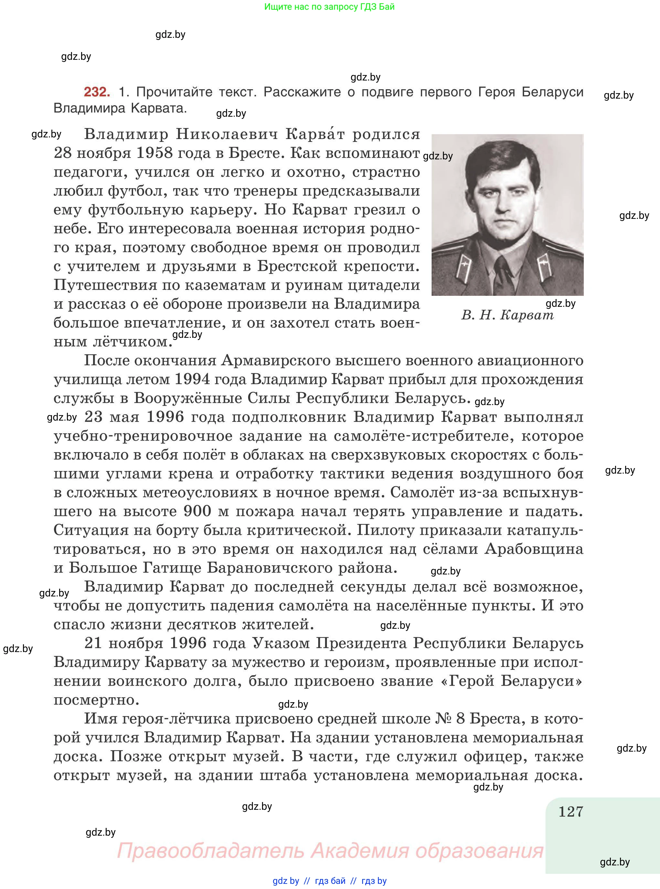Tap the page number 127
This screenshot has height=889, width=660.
point(571,812)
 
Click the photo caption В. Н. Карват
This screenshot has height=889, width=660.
point(508,316)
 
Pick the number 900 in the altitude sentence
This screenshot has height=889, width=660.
point(197,511)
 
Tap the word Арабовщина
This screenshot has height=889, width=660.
point(534,549)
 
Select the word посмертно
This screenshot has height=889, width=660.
point(96,700)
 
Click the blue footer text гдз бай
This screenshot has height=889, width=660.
point(330,881)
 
